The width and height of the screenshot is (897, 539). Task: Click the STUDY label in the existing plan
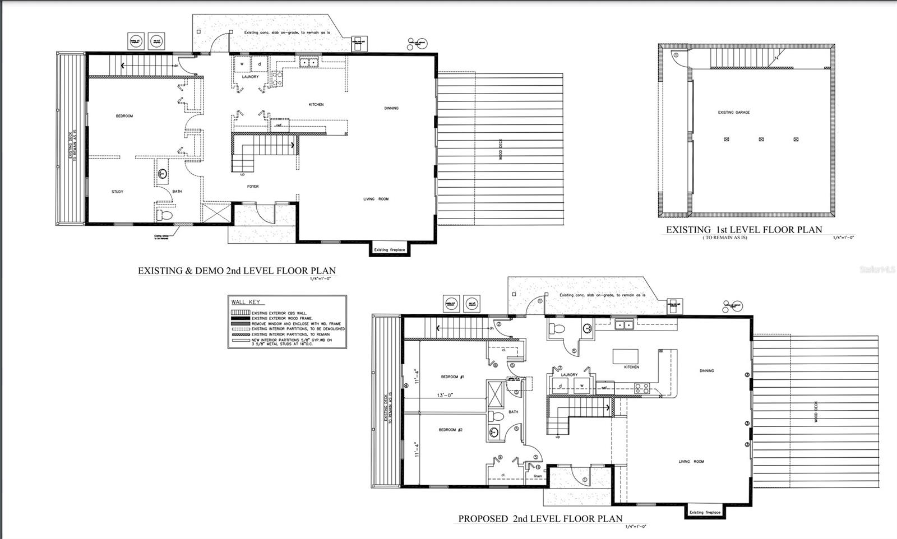point(117,192)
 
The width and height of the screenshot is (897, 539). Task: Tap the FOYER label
point(253,186)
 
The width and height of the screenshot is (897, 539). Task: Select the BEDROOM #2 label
point(450,430)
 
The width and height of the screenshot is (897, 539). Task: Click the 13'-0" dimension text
point(445,395)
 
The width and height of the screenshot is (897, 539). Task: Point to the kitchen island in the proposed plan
point(626,357)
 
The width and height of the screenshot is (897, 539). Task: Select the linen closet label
point(538,476)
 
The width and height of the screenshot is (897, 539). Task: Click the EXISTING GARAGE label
point(733,113)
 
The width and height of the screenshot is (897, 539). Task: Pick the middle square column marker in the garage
point(761,140)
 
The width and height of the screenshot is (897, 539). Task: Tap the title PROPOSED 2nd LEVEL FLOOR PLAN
point(540,519)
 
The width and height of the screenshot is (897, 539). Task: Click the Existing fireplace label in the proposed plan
point(704,512)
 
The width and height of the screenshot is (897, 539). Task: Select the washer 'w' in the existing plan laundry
point(242,64)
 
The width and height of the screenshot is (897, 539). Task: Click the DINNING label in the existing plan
point(391,108)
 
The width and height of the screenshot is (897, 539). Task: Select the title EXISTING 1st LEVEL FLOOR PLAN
point(743,230)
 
